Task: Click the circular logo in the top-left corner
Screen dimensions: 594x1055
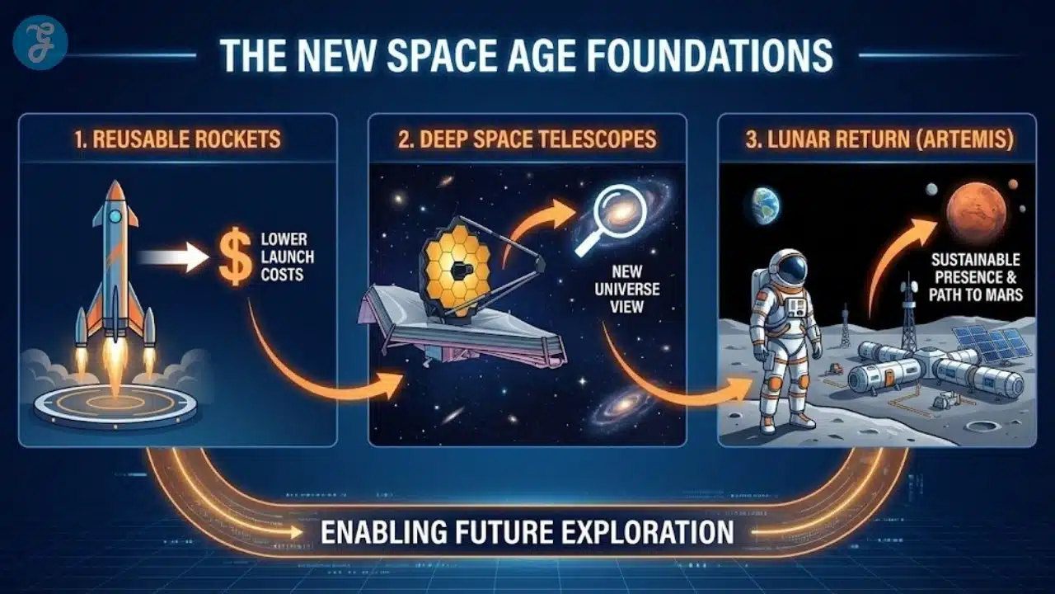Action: coord(41,40)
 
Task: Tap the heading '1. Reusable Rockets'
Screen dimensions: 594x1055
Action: coord(177,139)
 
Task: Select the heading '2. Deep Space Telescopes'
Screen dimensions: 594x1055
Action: coord(527,139)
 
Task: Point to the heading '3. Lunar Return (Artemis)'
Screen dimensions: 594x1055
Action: coord(879,139)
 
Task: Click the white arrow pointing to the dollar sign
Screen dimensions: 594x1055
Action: coord(173,257)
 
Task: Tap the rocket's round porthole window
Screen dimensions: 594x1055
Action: coord(115,216)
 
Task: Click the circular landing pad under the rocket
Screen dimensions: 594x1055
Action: coord(115,404)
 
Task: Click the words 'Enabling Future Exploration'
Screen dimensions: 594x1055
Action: coord(527,532)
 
